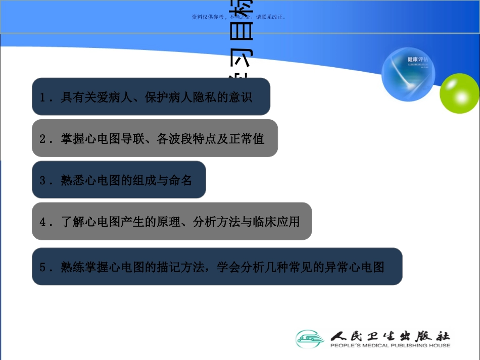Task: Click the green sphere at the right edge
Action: click(459, 93)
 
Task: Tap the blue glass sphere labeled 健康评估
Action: click(408, 75)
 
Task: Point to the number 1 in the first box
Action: click(43, 97)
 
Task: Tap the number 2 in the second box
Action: click(43, 139)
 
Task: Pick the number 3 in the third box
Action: click(43, 180)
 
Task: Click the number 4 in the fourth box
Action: click(43, 222)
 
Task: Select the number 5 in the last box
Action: click(43, 267)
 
